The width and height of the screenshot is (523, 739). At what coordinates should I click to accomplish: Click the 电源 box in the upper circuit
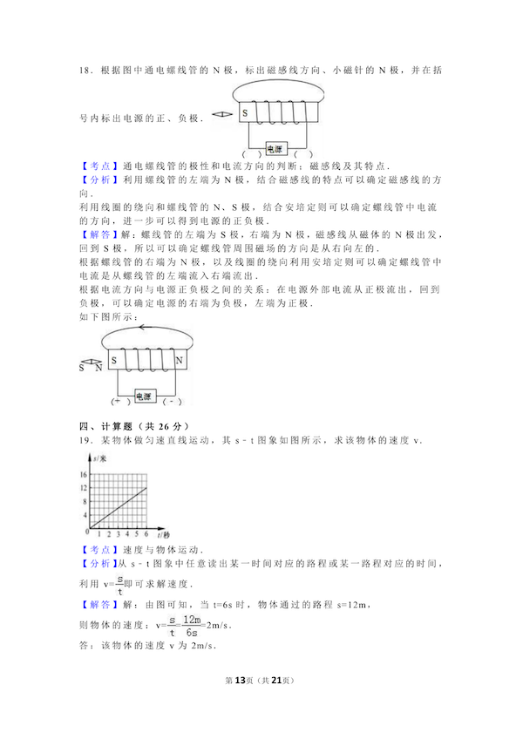[x=275, y=147]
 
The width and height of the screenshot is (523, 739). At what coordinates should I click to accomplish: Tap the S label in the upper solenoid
[x=245, y=113]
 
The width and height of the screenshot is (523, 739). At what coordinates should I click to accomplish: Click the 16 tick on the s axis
[x=85, y=475]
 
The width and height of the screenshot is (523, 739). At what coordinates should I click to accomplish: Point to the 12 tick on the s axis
[x=85, y=488]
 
